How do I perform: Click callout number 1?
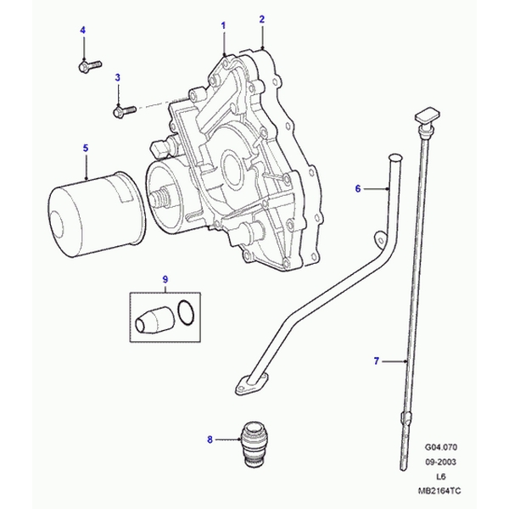click(x=224, y=26)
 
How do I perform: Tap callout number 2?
click(x=262, y=19)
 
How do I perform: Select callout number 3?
click(x=118, y=77)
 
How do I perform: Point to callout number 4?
click(x=83, y=31)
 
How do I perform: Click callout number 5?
click(x=86, y=148)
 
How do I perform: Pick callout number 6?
click(x=358, y=188)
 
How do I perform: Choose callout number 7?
click(x=376, y=362)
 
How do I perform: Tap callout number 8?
click(x=210, y=439)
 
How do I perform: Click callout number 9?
click(x=166, y=280)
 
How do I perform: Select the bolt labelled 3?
click(x=124, y=109)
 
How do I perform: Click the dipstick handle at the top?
click(x=426, y=114)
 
